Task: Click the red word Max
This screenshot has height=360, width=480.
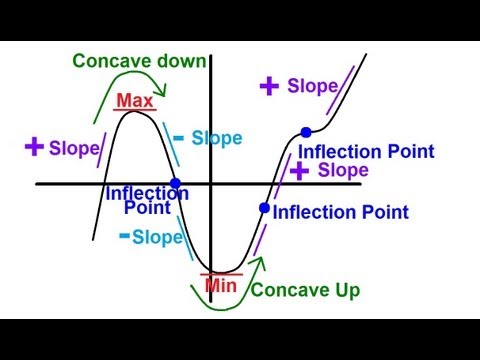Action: [135, 101]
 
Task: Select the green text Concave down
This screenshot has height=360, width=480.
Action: [139, 60]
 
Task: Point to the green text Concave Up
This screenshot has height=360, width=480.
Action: [304, 291]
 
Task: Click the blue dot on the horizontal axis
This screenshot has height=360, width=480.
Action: [176, 184]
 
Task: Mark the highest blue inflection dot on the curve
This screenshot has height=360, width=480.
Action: [305, 132]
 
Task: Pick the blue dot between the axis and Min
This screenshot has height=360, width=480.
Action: [264, 208]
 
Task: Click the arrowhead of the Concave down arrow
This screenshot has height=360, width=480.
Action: [166, 96]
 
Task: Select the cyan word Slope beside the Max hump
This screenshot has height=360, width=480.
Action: [212, 138]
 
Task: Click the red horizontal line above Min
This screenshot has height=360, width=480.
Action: [219, 273]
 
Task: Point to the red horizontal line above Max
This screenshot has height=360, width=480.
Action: [135, 110]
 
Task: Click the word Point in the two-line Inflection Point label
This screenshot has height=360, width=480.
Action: [147, 209]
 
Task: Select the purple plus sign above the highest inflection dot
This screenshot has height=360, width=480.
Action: [268, 86]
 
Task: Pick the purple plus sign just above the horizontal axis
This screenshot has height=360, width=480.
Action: [298, 171]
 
